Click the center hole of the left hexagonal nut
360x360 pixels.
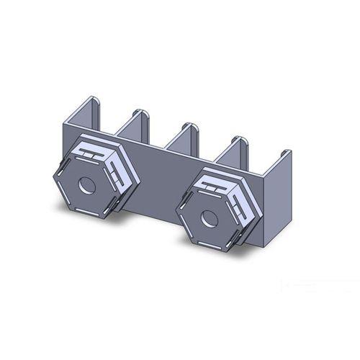pos(86,185)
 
